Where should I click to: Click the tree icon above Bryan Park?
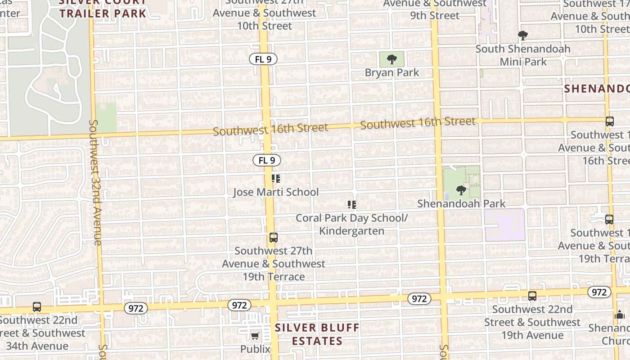[x=392, y=59]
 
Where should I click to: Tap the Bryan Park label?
[x=392, y=72]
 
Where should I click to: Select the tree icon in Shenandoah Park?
[x=461, y=190]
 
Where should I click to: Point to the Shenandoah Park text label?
[x=461, y=203]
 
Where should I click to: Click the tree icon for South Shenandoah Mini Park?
[x=522, y=36]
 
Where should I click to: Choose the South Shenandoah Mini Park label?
[x=523, y=55]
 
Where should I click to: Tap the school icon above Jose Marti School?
[x=276, y=179]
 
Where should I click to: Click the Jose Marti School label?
[x=276, y=192]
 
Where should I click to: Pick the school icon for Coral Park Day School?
[x=352, y=205]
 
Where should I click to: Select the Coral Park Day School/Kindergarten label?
[x=352, y=224]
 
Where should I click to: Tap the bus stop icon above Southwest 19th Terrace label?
[x=273, y=238]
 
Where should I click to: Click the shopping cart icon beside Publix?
[x=255, y=336]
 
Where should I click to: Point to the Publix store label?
[x=255, y=349]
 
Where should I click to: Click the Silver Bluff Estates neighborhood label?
[x=317, y=334]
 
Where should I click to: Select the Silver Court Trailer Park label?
[x=103, y=7]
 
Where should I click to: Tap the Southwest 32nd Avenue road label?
[x=95, y=182]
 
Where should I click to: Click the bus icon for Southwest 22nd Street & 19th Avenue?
[x=532, y=296]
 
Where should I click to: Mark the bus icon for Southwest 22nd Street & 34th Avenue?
[x=37, y=307]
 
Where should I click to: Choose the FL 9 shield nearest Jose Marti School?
[x=267, y=160]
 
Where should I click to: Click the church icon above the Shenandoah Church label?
[x=620, y=315]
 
